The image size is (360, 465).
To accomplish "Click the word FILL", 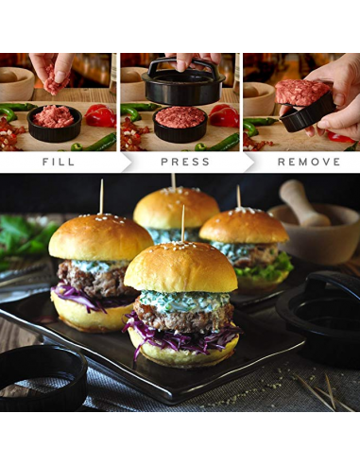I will (59, 162).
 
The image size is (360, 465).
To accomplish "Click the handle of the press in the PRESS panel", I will (180, 64).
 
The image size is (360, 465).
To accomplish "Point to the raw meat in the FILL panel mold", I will (54, 116).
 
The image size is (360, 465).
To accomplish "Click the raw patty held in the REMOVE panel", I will (301, 93).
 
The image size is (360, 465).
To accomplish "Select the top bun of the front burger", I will (180, 268).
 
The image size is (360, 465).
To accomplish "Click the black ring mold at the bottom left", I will (40, 378).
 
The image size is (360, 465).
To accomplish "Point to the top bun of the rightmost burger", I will (243, 227).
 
